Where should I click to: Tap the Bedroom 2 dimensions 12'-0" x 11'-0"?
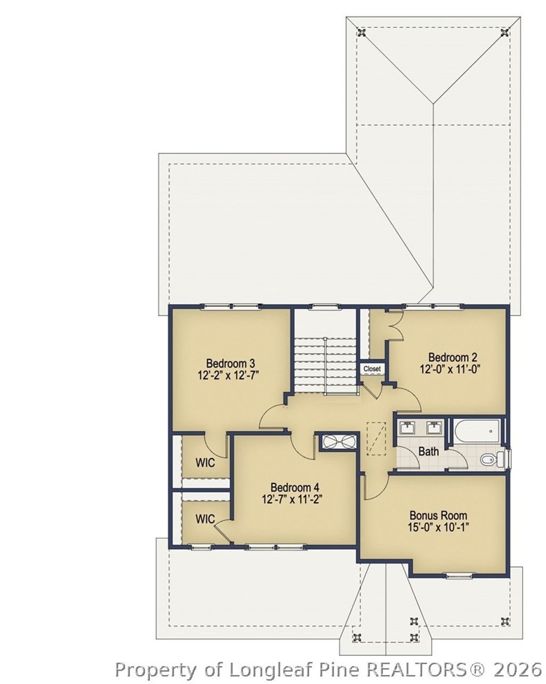click(449, 369)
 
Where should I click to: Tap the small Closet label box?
click(372, 369)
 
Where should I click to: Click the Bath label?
click(428, 452)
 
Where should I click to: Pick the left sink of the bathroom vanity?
click(407, 428)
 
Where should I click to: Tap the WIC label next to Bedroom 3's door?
click(205, 463)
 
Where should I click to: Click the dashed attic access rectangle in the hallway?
click(376, 438)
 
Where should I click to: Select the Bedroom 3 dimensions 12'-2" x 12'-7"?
click(227, 375)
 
